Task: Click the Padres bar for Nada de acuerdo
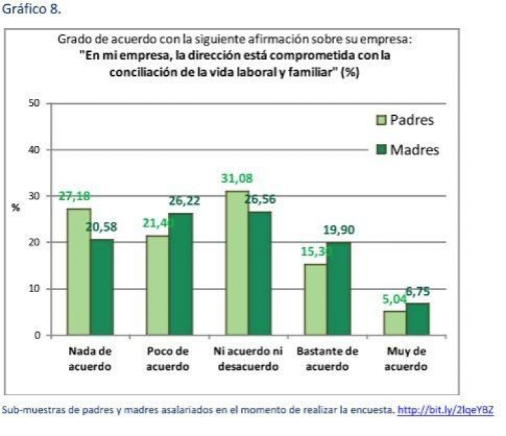(79, 271)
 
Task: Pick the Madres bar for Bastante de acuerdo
(339, 288)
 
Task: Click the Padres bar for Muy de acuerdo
(395, 322)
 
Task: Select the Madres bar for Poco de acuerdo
(181, 273)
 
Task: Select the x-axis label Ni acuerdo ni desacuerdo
(248, 357)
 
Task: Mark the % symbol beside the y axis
(15, 208)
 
